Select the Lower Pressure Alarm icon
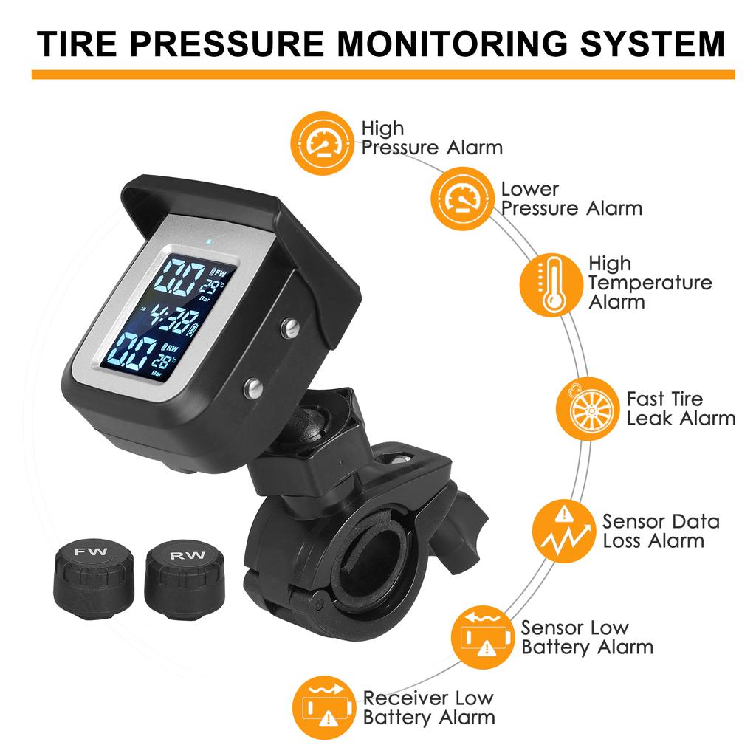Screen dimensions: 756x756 point(461,199)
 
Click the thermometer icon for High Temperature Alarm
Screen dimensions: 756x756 point(551,285)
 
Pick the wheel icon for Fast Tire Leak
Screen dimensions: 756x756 point(587,408)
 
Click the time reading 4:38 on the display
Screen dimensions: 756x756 point(171,319)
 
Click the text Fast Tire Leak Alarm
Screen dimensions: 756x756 point(680,408)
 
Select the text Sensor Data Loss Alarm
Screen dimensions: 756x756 point(660,531)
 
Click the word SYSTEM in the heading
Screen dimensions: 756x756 point(653,44)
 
